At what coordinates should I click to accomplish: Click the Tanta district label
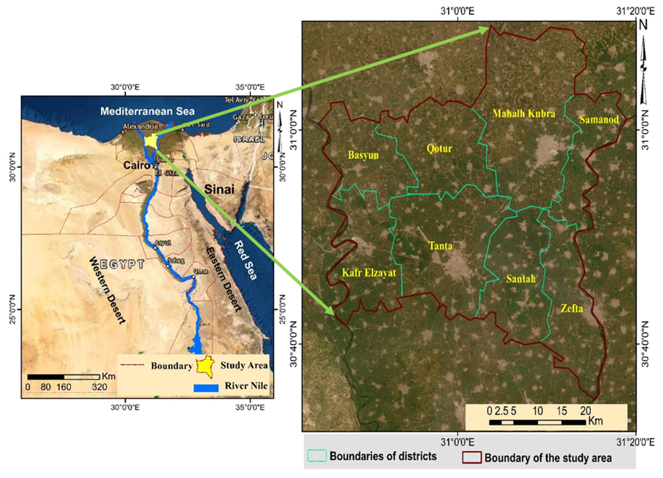coord(440,246)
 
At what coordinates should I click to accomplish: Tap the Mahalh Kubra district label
coord(524,113)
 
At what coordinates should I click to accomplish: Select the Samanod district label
coord(599,119)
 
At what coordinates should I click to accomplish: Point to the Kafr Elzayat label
coord(369,273)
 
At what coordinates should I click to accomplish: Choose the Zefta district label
coord(572,308)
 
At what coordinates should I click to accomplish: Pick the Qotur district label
coord(439,148)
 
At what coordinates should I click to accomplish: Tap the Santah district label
coord(521,279)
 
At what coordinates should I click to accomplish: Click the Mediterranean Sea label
coord(147,111)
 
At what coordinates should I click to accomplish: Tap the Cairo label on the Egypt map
coord(136,165)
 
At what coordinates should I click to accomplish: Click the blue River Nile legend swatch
coord(206,388)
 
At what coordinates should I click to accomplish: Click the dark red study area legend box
coord(472,458)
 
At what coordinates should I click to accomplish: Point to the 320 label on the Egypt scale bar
coord(100,387)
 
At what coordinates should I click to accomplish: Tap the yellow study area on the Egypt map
coord(150,141)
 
